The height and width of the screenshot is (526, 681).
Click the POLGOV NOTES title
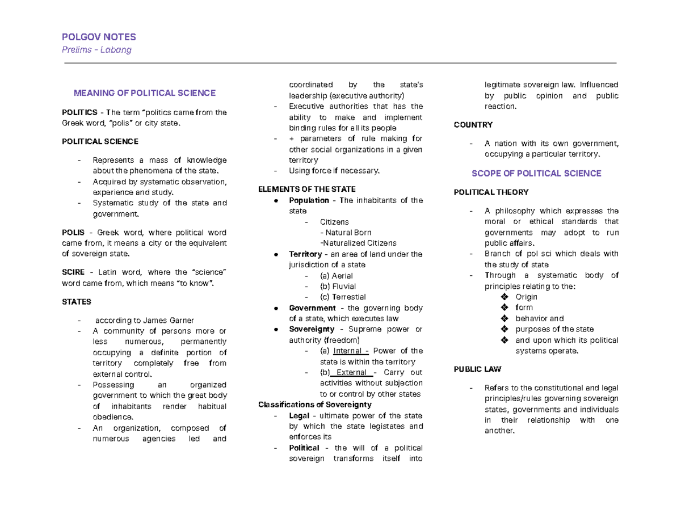[99, 37]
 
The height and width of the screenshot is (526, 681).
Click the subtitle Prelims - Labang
[96, 50]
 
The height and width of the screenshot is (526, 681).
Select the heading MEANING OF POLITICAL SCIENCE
[145, 92]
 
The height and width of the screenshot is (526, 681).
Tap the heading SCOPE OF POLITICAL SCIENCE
[536, 173]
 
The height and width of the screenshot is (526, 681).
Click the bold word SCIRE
[73, 272]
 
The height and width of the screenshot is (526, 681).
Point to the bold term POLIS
[73, 233]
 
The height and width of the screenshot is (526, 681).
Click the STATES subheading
[76, 302]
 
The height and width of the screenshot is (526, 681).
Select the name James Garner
[170, 321]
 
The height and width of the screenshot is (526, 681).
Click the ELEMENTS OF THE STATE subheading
[307, 189]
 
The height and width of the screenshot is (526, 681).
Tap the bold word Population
[309, 200]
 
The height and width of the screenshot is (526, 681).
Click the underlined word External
[352, 373]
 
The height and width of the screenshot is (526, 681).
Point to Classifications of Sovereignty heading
[314, 405]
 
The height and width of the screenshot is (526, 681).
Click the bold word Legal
[299, 416]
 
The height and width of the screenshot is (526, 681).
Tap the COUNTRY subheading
[473, 125]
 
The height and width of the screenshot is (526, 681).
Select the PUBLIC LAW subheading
[477, 369]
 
